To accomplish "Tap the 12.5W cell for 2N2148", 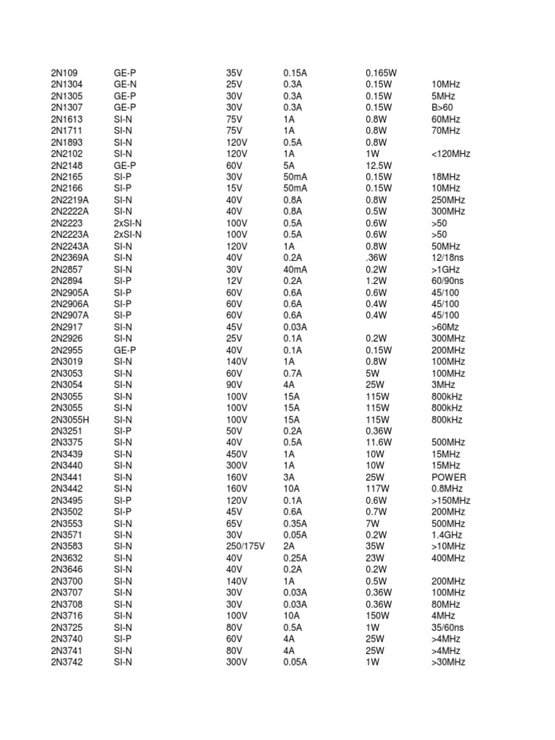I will [x=379, y=165].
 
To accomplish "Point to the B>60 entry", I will [x=442, y=108].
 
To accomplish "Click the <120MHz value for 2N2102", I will [x=450, y=154].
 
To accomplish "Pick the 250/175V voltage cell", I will [x=245, y=546].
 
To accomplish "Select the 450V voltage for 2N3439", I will [x=236, y=454].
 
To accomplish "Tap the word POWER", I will [x=449, y=477].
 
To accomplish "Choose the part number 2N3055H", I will [x=70, y=419].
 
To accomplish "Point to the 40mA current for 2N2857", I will [x=295, y=270].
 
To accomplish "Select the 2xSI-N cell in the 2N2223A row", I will [x=128, y=235].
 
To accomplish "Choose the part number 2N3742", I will [x=67, y=662].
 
